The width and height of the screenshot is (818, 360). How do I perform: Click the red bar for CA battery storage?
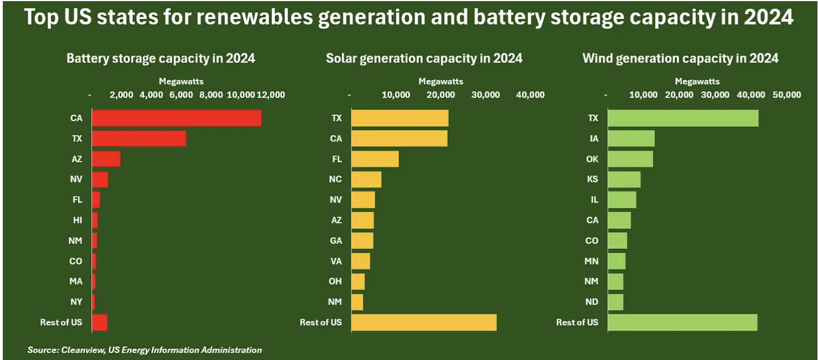click(x=177, y=118)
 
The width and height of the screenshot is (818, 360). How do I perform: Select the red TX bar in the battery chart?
click(x=139, y=138)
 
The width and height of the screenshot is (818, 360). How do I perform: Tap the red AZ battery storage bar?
click(x=106, y=159)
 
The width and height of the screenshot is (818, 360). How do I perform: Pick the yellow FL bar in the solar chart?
click(x=375, y=159)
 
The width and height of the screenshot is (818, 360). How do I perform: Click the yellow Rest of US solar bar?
click(x=424, y=322)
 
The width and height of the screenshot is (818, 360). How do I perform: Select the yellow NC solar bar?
click(x=366, y=179)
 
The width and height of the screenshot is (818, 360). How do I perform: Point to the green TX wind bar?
click(x=683, y=118)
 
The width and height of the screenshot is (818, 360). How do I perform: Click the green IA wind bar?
click(x=631, y=138)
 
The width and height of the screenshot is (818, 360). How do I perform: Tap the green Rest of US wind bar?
click(x=683, y=322)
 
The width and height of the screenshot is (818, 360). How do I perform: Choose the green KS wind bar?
click(x=624, y=179)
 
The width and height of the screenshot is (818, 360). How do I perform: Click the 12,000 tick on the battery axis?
click(x=271, y=95)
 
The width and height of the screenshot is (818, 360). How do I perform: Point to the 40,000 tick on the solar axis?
click(x=530, y=95)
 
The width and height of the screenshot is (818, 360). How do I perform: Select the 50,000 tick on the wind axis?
click(x=787, y=95)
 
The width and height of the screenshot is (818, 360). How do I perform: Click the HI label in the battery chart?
click(x=78, y=220)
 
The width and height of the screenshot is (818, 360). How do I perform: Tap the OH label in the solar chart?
click(x=335, y=281)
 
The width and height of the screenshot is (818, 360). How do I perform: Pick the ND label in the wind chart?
click(x=592, y=302)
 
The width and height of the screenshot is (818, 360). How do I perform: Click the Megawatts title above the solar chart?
click(x=441, y=81)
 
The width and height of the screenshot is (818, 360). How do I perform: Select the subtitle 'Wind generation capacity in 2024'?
click(x=680, y=58)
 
